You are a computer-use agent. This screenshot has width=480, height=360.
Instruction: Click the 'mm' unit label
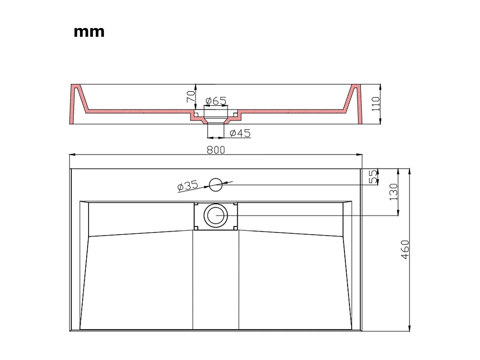point(89,32)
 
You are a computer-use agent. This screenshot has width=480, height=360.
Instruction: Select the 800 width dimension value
point(216,150)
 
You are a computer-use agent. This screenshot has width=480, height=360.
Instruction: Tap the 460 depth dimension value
point(405,249)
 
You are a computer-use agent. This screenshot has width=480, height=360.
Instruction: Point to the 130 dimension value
point(393,192)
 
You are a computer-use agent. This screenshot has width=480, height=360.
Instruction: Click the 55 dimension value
point(373,176)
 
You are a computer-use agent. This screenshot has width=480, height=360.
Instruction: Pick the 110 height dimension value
point(376,104)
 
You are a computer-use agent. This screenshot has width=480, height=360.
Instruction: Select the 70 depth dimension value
point(191,97)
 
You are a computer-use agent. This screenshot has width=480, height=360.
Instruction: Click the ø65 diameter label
point(216,101)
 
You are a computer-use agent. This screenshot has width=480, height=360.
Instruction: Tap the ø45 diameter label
point(240,133)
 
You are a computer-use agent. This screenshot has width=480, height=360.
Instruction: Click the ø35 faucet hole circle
point(215,185)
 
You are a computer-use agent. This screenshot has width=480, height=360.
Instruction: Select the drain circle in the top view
point(215,215)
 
